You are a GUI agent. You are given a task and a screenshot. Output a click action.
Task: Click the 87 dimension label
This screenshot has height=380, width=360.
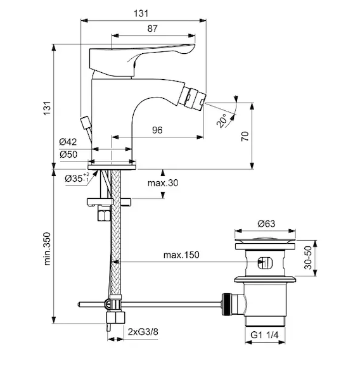tap(152, 28)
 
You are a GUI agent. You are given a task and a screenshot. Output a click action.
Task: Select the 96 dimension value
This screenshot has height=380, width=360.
tap(157, 130)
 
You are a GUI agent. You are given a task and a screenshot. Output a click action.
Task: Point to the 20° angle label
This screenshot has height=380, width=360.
tap(221, 121)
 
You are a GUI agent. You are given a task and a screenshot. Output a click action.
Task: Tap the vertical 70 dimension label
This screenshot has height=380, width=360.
tap(245, 136)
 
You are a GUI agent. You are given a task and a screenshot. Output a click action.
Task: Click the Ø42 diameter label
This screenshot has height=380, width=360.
tap(68, 142)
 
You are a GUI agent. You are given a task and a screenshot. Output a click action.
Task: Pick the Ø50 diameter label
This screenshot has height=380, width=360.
tap(68, 154)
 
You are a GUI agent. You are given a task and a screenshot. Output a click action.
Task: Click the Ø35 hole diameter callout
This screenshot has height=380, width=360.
tap(77, 178)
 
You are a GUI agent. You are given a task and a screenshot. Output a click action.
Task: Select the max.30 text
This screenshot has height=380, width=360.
tap(163, 183)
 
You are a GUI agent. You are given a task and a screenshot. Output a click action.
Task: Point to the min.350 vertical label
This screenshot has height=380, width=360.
tap(47, 249)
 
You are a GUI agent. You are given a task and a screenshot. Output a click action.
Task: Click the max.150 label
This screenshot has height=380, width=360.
tap(181, 255)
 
